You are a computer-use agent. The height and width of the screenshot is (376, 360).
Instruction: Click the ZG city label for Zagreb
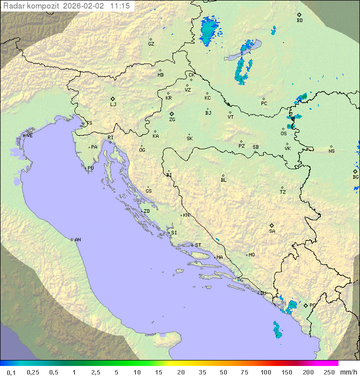click(172, 120)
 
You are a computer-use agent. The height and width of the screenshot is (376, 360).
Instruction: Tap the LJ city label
click(113, 105)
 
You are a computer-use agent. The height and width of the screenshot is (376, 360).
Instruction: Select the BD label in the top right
click(299, 21)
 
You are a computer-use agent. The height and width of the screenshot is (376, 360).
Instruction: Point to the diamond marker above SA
click(272, 225)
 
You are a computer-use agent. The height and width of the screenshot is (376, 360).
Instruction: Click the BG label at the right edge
click(355, 177)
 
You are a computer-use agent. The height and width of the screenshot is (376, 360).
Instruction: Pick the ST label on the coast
click(198, 245)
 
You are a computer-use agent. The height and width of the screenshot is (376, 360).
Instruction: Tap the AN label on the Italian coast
click(77, 240)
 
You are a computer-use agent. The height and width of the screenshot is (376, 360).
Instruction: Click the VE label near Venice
click(29, 136)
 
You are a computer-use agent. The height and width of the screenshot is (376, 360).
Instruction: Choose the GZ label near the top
click(151, 44)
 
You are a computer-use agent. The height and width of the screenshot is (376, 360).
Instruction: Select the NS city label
click(331, 151)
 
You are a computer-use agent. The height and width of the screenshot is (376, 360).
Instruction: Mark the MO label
click(251, 255)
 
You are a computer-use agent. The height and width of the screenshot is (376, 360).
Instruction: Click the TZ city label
click(283, 192)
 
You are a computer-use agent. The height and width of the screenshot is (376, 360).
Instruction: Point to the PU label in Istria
click(90, 168)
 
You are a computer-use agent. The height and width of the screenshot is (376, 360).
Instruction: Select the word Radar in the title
click(13, 6)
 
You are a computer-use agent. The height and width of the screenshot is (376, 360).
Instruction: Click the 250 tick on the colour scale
click(329, 371)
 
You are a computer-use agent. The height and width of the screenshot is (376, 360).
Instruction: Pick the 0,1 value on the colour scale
click(11, 371)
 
